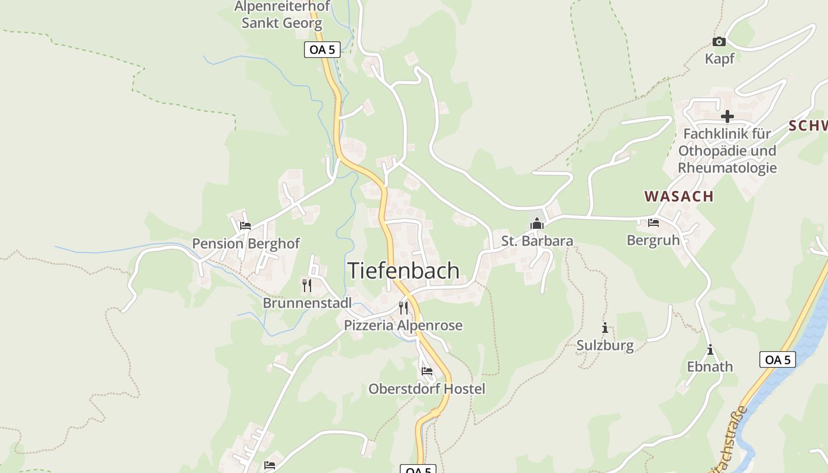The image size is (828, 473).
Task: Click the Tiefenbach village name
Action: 403,270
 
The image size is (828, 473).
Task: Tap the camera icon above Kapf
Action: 719,41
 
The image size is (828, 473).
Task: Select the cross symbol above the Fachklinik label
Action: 727,116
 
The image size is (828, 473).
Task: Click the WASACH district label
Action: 679,196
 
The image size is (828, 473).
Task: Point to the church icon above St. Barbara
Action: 537,223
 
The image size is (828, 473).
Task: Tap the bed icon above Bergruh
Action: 653,223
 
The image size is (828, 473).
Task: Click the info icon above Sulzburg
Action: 604,328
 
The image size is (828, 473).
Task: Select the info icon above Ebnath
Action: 710,349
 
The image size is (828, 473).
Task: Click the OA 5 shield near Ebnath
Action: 777,359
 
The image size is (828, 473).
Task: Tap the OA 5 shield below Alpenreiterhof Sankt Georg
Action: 322,50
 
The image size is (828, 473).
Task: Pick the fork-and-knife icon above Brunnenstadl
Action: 307,286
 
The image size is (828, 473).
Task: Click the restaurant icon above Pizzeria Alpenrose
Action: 403,307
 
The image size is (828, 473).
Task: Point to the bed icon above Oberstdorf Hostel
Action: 427,371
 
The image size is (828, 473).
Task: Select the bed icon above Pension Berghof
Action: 245,225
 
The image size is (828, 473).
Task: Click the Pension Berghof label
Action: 246,244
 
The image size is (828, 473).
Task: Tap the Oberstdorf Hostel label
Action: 426,388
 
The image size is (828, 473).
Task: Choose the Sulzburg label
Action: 605,345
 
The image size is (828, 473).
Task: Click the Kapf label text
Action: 720,59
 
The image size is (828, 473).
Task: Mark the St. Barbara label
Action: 537,241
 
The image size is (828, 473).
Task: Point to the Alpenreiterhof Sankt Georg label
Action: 282,15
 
